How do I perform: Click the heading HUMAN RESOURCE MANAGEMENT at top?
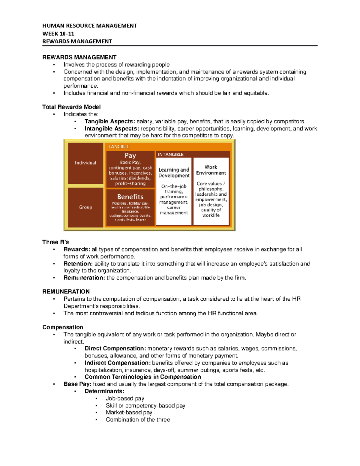89,26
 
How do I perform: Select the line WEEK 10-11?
58,34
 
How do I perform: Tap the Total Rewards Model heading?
71,107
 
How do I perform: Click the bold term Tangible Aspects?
110,121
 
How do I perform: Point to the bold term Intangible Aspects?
112,128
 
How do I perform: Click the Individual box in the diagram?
85,163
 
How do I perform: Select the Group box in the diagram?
85,207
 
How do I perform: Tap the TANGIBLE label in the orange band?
119,147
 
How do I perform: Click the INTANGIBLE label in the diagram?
171,155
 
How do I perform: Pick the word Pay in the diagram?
130,155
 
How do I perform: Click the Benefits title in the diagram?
130,197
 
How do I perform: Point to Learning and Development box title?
174,173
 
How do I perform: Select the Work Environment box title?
211,170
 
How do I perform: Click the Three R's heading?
55,242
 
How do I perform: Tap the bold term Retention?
78,263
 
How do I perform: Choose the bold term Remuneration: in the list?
84,278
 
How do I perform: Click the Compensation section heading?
63,327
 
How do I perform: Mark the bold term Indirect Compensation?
118,363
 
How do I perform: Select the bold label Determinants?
104,391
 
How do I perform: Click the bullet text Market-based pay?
129,412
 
